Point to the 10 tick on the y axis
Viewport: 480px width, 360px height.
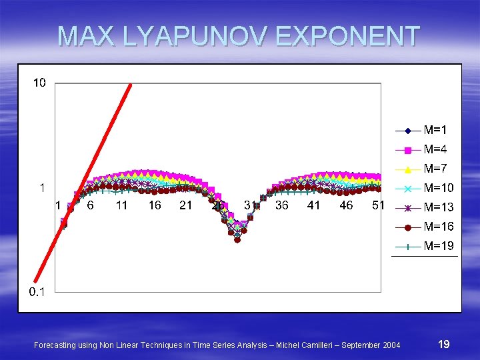tap(39, 83)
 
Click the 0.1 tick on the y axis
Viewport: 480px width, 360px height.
tap(37, 292)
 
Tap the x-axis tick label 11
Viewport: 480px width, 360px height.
tap(121, 205)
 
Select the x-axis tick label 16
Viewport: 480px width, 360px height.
tap(154, 205)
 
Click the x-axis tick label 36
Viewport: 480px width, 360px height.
tap(282, 205)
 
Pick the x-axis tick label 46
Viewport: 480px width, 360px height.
tap(346, 205)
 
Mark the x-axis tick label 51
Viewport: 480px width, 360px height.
tap(378, 205)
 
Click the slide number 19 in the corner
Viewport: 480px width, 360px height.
tap(443, 344)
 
